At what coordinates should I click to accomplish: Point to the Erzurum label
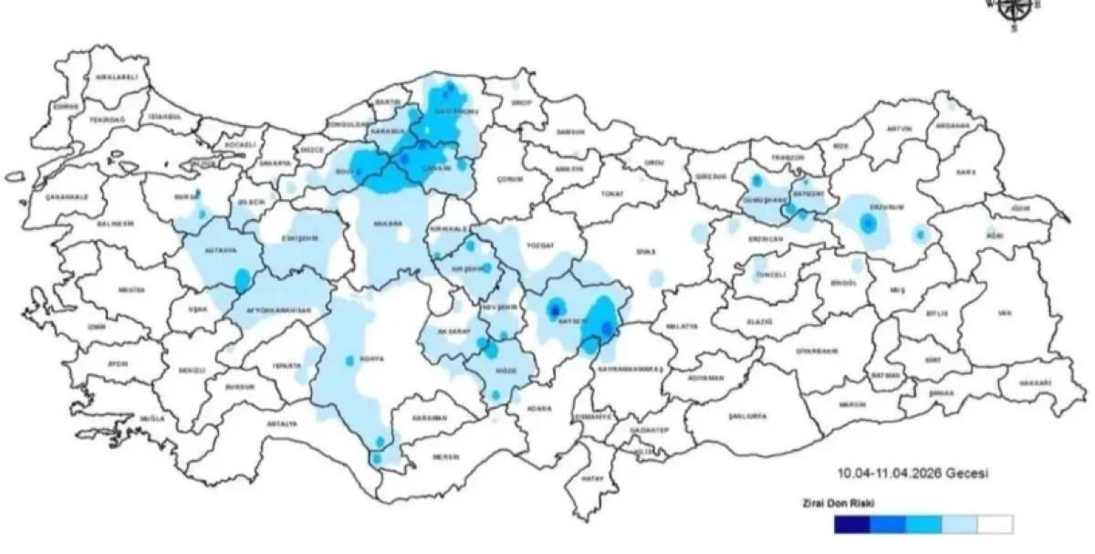(890, 207)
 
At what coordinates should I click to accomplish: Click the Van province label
(1004, 313)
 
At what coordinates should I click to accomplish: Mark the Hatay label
(594, 477)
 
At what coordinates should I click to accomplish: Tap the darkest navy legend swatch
(851, 525)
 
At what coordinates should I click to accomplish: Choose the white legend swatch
(994, 525)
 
